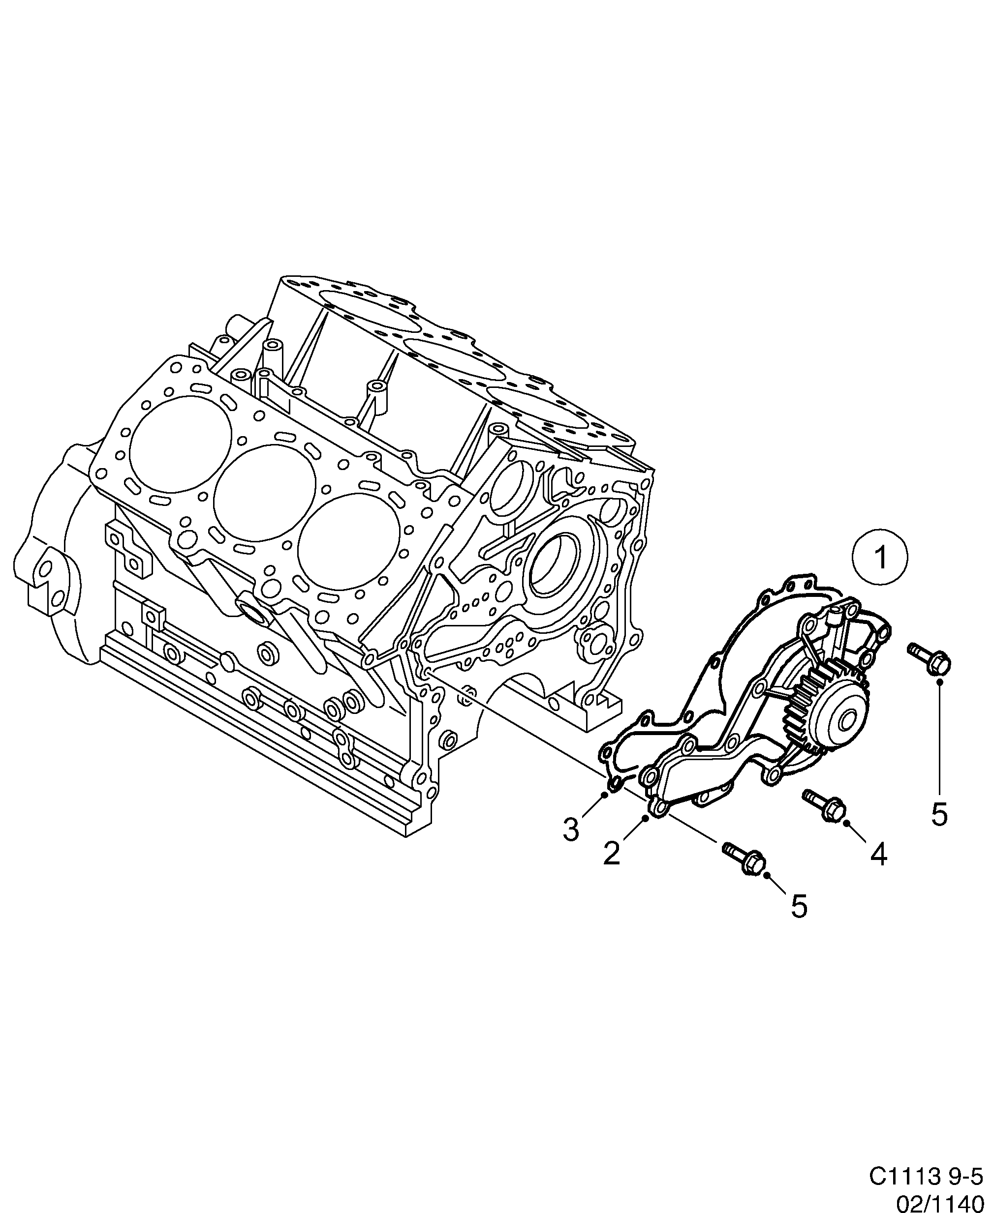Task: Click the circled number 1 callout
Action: point(880,558)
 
